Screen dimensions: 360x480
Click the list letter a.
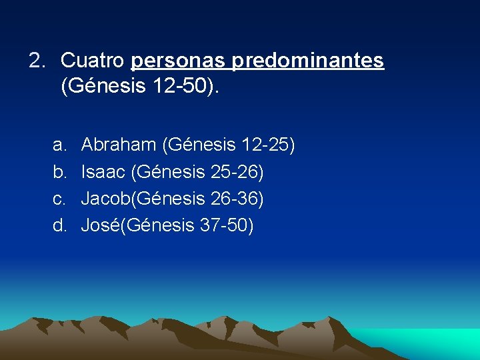click(59, 145)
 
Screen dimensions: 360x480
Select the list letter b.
click(59, 172)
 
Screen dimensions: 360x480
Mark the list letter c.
click(59, 199)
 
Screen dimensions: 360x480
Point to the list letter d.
click(59, 226)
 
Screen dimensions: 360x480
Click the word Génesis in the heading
click(107, 88)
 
